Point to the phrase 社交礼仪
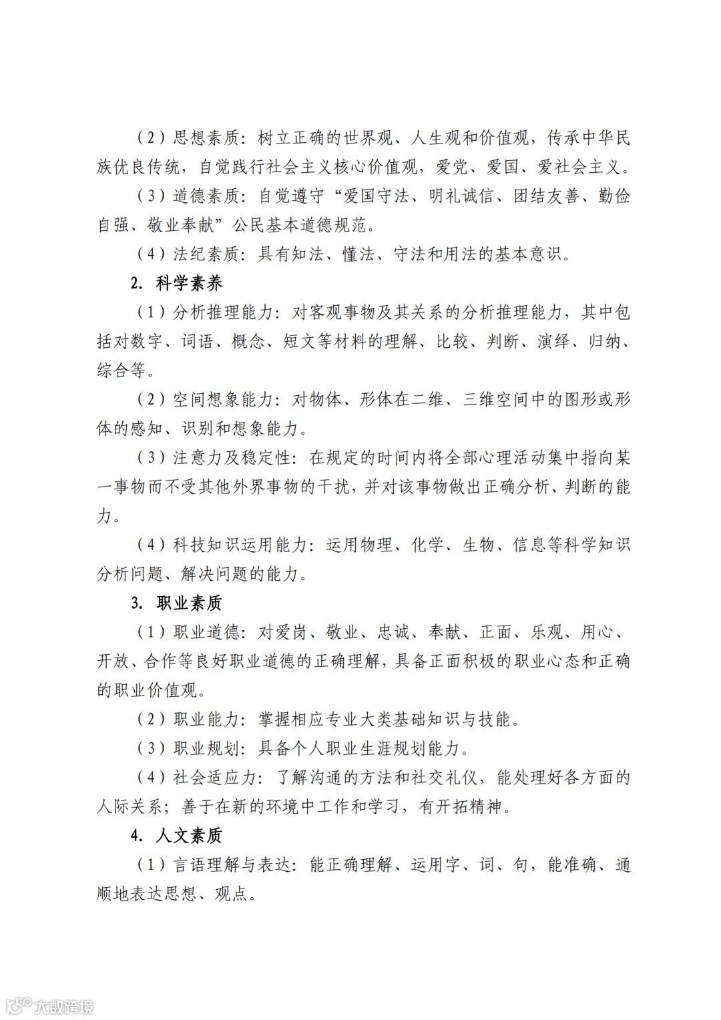pyautogui.click(x=449, y=778)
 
